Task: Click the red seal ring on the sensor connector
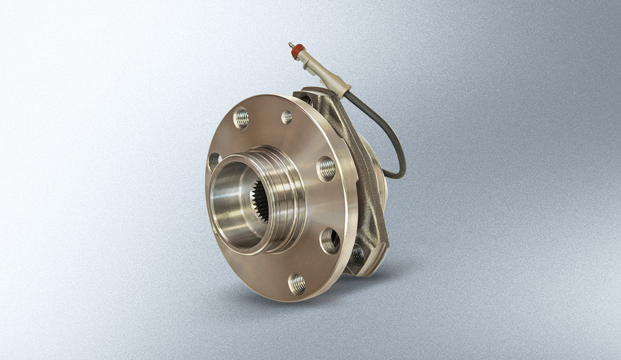[295, 52]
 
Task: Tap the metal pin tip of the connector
[290, 45]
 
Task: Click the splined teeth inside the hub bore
[260, 202]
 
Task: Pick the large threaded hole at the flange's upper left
[241, 118]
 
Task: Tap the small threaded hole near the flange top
[287, 117]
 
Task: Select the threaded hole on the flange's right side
[326, 169]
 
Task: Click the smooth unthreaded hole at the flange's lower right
[330, 241]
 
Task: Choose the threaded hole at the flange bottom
[297, 283]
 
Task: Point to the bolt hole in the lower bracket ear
[358, 254]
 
